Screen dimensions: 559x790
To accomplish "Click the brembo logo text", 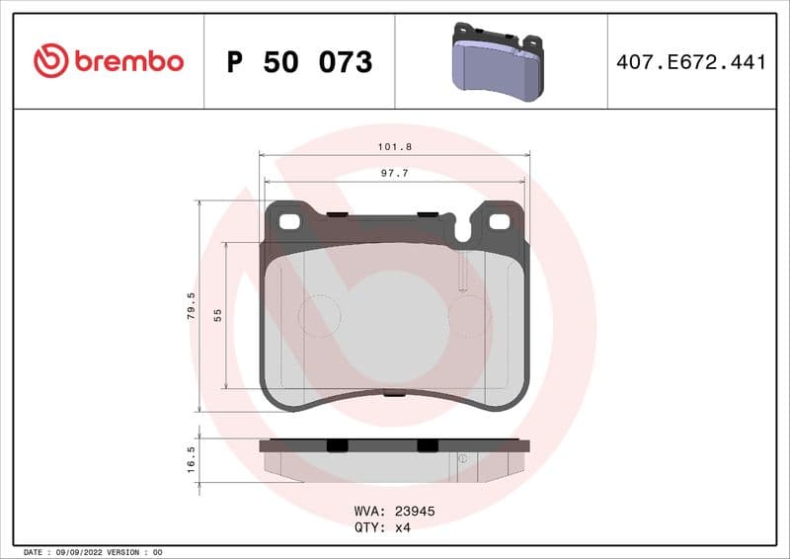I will [126, 61].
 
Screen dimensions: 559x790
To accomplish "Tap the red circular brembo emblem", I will [50, 61].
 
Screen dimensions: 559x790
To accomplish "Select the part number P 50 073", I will [299, 62].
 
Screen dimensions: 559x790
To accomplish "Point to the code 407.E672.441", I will [690, 62].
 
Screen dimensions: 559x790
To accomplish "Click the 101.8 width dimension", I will [394, 147].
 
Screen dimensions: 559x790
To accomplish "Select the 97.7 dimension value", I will [394, 173].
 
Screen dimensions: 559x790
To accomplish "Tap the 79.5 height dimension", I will [192, 305].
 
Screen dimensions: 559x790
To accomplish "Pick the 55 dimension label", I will [217, 315].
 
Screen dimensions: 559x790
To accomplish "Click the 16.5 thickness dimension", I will [192, 459].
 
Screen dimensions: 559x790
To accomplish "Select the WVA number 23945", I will [415, 512].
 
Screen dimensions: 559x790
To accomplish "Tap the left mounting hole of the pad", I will [288, 221].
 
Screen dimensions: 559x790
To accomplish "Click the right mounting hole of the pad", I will [501, 221].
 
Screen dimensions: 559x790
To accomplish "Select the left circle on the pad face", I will [319, 316].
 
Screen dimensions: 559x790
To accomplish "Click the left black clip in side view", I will [337, 445].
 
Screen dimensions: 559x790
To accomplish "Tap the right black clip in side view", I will [428, 445].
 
